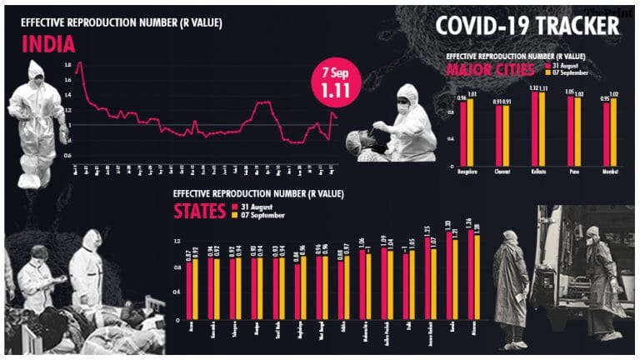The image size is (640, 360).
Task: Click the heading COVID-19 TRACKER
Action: [x=527, y=25]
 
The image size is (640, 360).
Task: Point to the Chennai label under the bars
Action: [x=502, y=172]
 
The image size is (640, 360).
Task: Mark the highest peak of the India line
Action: [x=79, y=62]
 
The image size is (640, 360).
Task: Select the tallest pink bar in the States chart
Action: [x=471, y=274]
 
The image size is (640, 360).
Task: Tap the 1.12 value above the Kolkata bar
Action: [x=534, y=87]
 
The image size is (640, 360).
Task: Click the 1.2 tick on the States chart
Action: [x=177, y=242]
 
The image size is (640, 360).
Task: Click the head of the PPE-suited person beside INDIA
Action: [x=36, y=71]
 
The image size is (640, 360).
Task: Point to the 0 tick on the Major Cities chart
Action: [x=452, y=164]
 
